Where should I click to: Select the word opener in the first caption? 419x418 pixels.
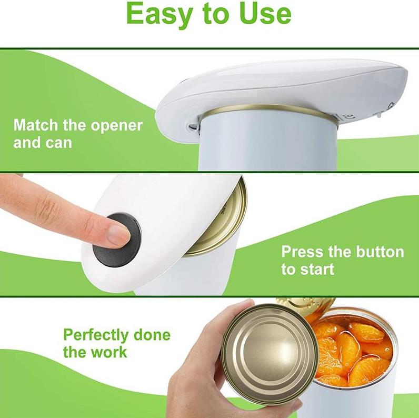click(x=116, y=126)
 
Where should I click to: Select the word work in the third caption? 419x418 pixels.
click(x=110, y=352)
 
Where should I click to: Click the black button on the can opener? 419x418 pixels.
click(x=116, y=239)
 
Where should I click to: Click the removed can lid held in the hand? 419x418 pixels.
click(x=270, y=350)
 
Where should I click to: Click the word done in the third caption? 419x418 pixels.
click(x=152, y=335)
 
